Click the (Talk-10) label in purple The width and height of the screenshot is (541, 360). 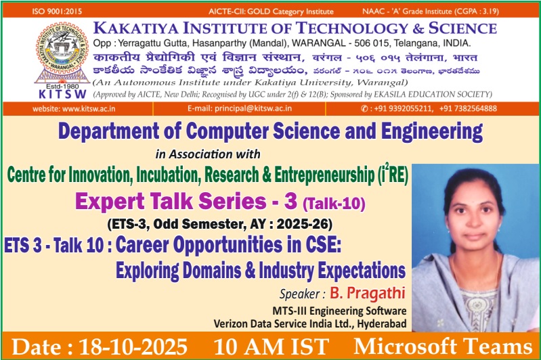tap(334, 202)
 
